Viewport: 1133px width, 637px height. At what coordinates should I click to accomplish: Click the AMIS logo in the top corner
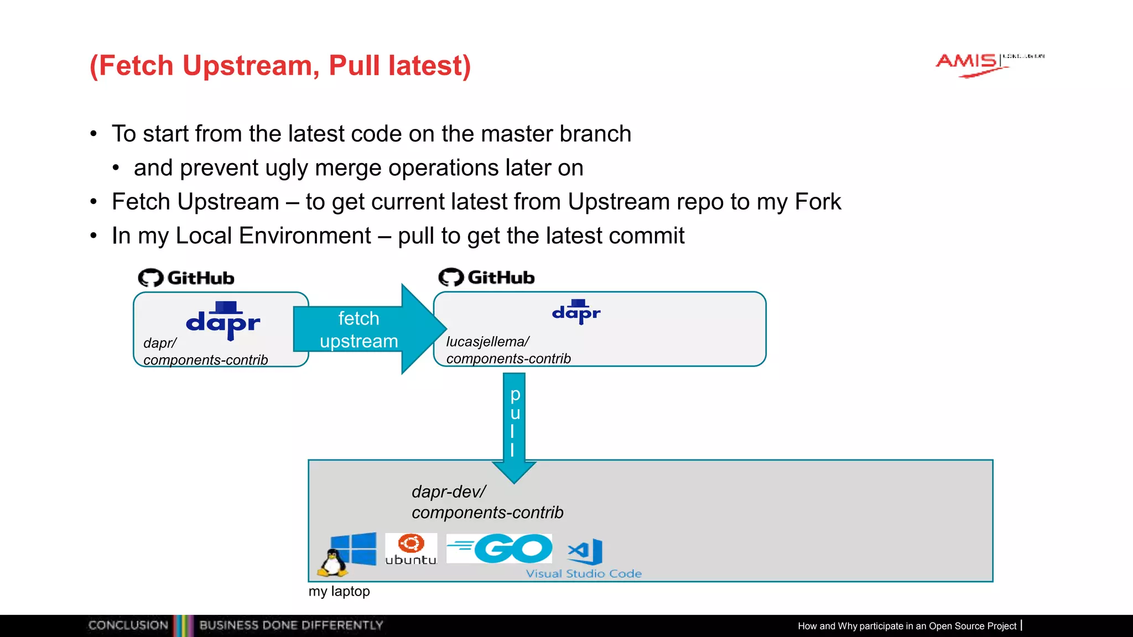pyautogui.click(x=974, y=64)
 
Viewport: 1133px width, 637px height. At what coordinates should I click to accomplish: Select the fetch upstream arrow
pyautogui.click(x=365, y=330)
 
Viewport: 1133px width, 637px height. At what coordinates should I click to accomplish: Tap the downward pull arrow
pyautogui.click(x=514, y=426)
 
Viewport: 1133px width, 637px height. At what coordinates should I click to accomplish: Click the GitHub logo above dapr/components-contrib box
pyautogui.click(x=186, y=278)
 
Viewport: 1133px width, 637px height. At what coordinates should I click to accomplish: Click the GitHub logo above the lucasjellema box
pyautogui.click(x=487, y=277)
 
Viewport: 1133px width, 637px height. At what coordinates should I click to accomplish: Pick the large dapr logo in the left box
pyautogui.click(x=223, y=321)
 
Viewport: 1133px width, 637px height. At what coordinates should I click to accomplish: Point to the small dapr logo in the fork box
pyautogui.click(x=576, y=312)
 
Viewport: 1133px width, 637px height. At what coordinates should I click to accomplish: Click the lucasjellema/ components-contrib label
pyautogui.click(x=508, y=350)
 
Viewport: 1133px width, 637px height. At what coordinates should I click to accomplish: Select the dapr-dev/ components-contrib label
pyautogui.click(x=487, y=502)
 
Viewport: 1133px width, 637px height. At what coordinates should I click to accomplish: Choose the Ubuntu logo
pyautogui.click(x=411, y=549)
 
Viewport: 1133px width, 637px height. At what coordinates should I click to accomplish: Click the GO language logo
pyautogui.click(x=500, y=548)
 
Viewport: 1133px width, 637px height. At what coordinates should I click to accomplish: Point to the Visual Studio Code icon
pyautogui.click(x=585, y=551)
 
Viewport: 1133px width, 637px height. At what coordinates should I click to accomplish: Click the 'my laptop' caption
pyautogui.click(x=339, y=591)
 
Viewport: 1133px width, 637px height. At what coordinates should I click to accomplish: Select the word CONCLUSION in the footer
pyautogui.click(x=128, y=625)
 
